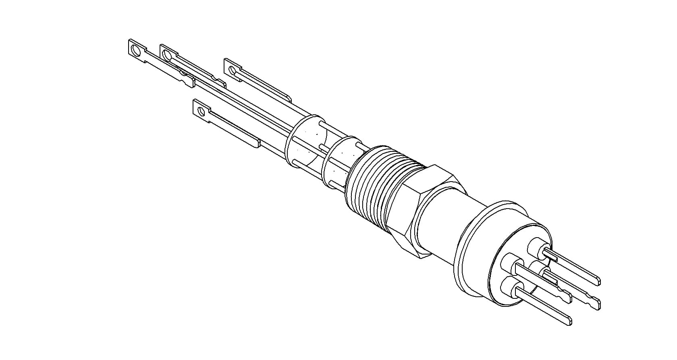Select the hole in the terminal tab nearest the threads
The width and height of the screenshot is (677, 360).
coord(233,70)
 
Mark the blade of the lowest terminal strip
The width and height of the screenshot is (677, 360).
coord(234,131)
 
